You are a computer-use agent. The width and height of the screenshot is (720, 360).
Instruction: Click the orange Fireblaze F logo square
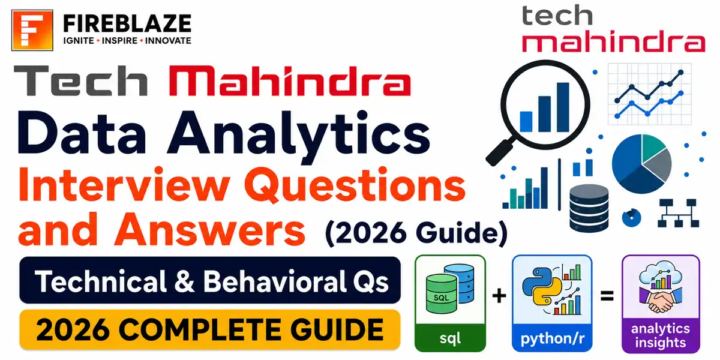pyautogui.click(x=32, y=30)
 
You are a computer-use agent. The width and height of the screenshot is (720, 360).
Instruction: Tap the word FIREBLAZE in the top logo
pyautogui.click(x=127, y=23)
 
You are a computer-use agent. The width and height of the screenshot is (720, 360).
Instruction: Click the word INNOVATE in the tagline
pyautogui.click(x=168, y=41)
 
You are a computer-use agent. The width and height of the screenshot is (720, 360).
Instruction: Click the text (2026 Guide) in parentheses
pyautogui.click(x=416, y=233)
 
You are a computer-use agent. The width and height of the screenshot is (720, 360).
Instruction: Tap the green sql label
pyautogui.click(x=450, y=338)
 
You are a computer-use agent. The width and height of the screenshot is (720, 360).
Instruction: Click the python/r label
pyautogui.click(x=552, y=338)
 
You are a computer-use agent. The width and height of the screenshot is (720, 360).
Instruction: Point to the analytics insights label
pyautogui.click(x=661, y=335)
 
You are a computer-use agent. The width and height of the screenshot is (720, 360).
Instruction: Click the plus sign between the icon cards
pyautogui.click(x=499, y=295)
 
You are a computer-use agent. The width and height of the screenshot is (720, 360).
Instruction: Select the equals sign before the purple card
pyautogui.click(x=607, y=296)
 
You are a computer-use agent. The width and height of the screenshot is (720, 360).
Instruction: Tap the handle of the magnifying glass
pyautogui.click(x=500, y=151)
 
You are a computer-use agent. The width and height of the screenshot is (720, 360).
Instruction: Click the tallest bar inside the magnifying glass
pyautogui.click(x=563, y=107)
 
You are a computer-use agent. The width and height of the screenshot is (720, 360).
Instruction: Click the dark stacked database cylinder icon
pyautogui.click(x=589, y=208)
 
